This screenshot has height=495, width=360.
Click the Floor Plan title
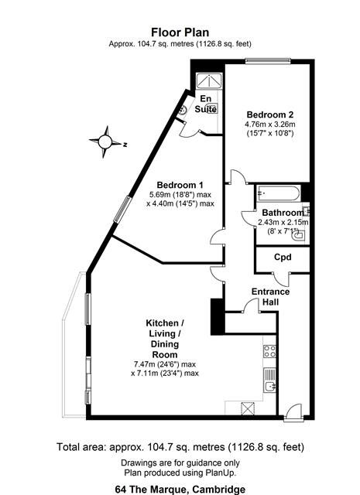click(180, 32)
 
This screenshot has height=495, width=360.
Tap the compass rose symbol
click(105, 142)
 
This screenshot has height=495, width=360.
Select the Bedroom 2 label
click(270, 114)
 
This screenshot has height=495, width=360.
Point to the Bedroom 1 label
click(180, 185)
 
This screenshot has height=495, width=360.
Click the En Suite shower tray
click(209, 80)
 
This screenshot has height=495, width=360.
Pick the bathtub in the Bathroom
click(278, 193)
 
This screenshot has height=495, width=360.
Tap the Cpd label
click(283, 258)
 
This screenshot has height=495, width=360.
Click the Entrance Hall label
click(270, 297)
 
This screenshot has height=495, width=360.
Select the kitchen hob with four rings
click(269, 351)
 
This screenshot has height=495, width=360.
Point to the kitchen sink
click(269, 380)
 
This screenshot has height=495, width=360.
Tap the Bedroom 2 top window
click(269, 61)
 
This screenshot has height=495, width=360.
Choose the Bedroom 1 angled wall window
click(122, 210)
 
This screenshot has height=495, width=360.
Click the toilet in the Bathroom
click(298, 235)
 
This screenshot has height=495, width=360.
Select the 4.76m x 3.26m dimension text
click(270, 124)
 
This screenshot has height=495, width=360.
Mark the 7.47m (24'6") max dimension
click(165, 364)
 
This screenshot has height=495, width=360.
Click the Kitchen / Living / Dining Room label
click(165, 339)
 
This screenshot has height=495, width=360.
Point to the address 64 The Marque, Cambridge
click(180, 490)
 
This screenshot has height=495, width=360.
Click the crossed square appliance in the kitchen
click(248, 408)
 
